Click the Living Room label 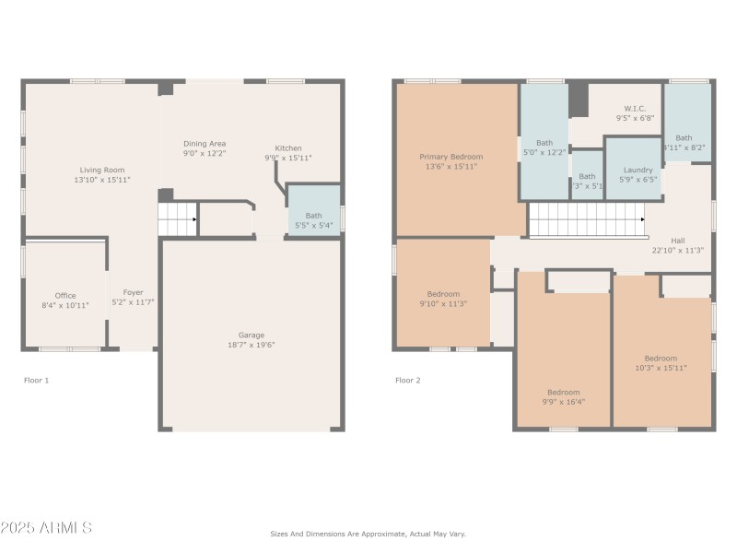[101, 170]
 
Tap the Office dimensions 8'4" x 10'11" [64, 305]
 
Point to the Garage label [251, 335]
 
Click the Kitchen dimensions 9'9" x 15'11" [288, 158]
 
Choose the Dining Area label [204, 144]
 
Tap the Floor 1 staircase [178, 220]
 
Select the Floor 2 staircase [586, 220]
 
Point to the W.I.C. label [635, 108]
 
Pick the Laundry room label [638, 170]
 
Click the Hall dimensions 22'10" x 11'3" [677, 250]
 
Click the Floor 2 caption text [407, 380]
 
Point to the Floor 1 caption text [36, 380]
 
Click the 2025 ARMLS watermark [46, 528]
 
